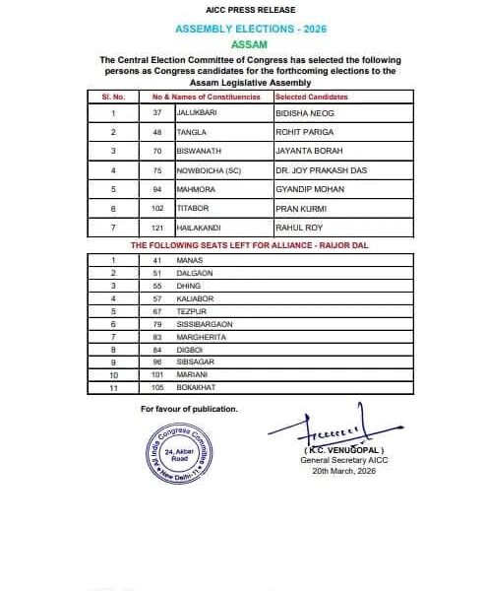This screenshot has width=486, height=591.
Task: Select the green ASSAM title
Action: [x=242, y=45]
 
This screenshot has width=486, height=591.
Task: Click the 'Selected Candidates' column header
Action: [x=314, y=97]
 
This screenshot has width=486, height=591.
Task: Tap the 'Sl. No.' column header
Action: [x=113, y=97]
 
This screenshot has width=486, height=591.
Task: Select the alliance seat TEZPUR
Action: [x=190, y=310]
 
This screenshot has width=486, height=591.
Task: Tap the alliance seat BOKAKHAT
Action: [x=195, y=388]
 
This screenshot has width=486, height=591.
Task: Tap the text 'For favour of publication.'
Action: [x=189, y=408]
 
